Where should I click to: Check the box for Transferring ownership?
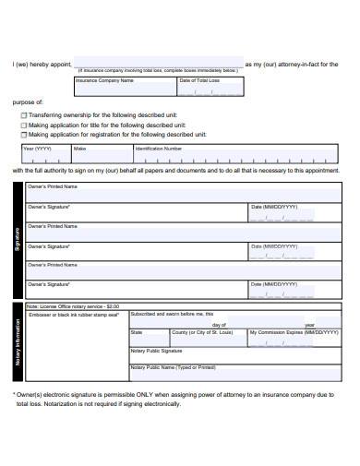coord(23,115)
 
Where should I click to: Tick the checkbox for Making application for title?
coord(23,125)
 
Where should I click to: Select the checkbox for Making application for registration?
coord(23,134)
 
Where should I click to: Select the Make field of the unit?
coord(102,156)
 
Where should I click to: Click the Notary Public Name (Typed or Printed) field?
coord(235,374)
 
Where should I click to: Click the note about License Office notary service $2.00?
coord(74,306)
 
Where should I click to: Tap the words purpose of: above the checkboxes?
coord(28,102)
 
